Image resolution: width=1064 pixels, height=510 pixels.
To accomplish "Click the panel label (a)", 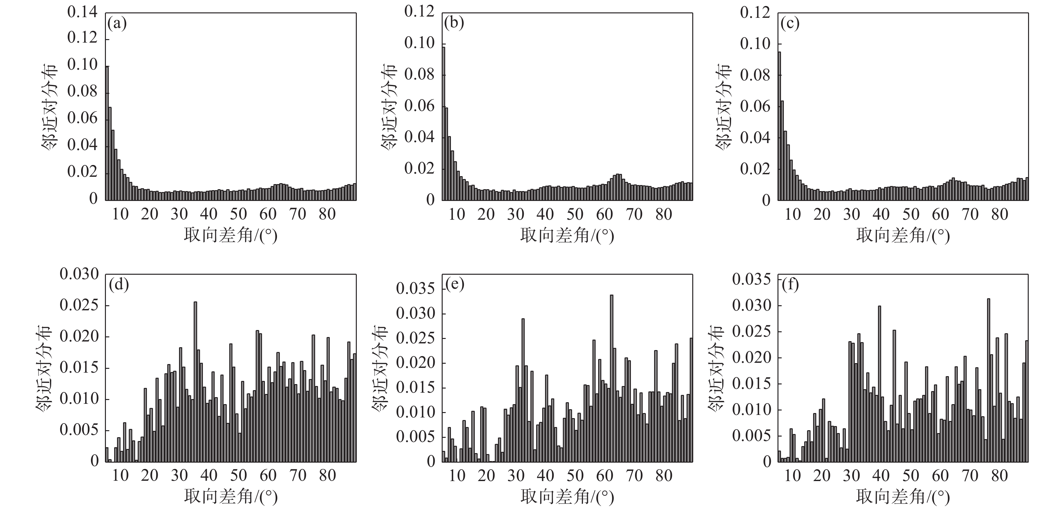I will click(x=117, y=24).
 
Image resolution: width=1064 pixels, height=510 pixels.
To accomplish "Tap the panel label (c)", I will click(x=790, y=24).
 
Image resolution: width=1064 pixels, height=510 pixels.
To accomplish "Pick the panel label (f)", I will click(x=790, y=285).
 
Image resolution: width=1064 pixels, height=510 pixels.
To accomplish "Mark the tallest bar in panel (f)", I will click(x=988, y=380).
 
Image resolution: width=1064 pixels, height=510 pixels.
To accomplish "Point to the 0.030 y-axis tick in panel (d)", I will click(x=79, y=274).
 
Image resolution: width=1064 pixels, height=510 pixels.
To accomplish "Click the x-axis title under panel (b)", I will click(x=567, y=235).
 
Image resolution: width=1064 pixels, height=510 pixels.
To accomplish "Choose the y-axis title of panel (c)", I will click(x=724, y=107).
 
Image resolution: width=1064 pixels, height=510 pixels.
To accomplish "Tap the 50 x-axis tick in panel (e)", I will click(x=575, y=476).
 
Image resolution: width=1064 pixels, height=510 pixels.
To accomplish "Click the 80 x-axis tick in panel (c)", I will click(x=999, y=214).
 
